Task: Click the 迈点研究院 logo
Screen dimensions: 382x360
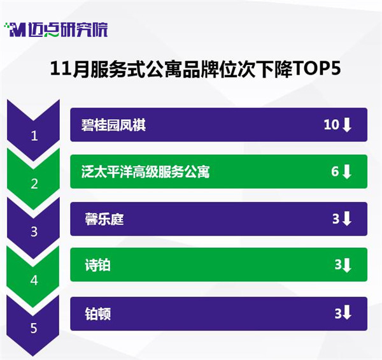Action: click(56, 30)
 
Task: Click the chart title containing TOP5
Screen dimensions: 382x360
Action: click(195, 69)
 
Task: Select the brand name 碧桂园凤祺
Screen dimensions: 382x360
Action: click(113, 125)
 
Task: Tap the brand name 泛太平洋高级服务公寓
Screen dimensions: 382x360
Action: click(145, 172)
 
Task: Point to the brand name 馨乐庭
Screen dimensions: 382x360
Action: click(104, 219)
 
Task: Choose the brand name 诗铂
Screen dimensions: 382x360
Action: click(97, 265)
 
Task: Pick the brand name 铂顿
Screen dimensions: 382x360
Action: click(97, 314)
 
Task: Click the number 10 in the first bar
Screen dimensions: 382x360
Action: click(331, 124)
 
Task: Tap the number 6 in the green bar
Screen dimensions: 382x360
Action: click(335, 171)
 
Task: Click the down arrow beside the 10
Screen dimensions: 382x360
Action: click(347, 125)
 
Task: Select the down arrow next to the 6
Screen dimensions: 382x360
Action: click(347, 171)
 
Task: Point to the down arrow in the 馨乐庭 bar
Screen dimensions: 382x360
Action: click(347, 219)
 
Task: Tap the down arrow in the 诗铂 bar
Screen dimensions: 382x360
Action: click(347, 265)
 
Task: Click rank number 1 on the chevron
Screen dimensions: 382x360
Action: click(34, 136)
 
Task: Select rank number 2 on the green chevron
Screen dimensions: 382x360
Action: click(34, 184)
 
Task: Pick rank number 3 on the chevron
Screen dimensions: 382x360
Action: click(34, 232)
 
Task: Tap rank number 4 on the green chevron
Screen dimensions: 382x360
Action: click(34, 280)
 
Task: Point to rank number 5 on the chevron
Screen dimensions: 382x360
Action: click(34, 328)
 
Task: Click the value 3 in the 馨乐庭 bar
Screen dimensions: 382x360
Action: click(336, 219)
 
